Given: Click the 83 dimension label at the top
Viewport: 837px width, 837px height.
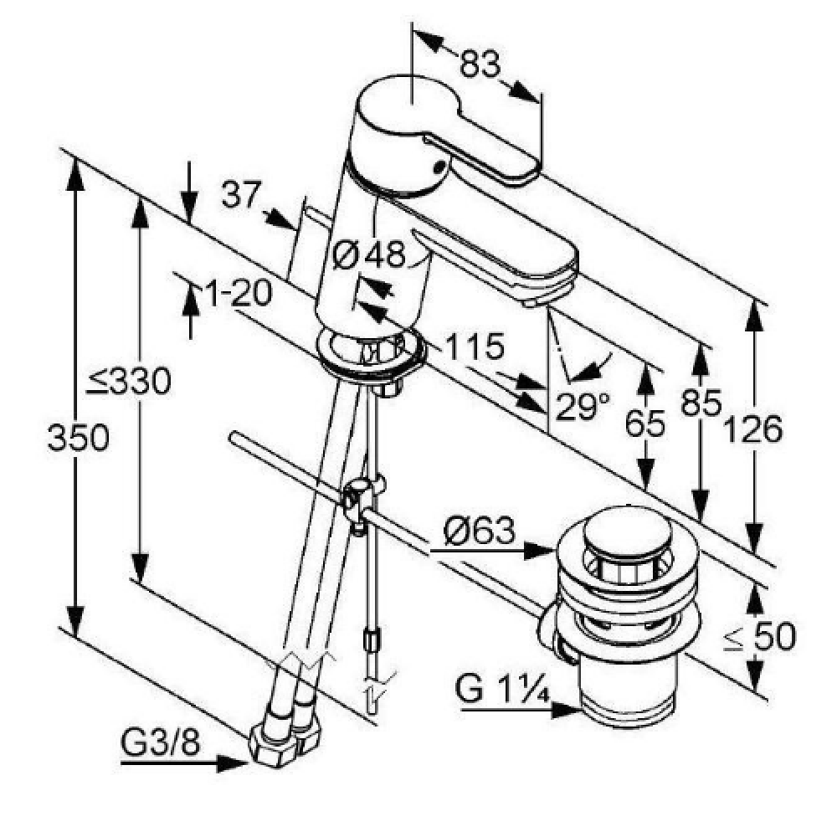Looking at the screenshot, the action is (480, 64).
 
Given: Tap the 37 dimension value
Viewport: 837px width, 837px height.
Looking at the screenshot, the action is (241, 194).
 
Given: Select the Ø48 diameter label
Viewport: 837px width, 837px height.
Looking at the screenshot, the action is (369, 254).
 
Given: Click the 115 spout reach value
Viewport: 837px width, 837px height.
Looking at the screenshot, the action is (475, 347).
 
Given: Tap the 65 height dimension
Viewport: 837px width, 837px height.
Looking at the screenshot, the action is (645, 424).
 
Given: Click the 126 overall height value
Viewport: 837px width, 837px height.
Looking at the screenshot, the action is (752, 429).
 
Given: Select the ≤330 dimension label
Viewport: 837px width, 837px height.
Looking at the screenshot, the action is (129, 381).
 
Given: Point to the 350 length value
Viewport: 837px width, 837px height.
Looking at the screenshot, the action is (79, 437).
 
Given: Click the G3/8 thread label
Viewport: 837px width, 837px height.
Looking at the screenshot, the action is (161, 742).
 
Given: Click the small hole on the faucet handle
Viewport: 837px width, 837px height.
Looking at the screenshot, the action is (439, 167).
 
